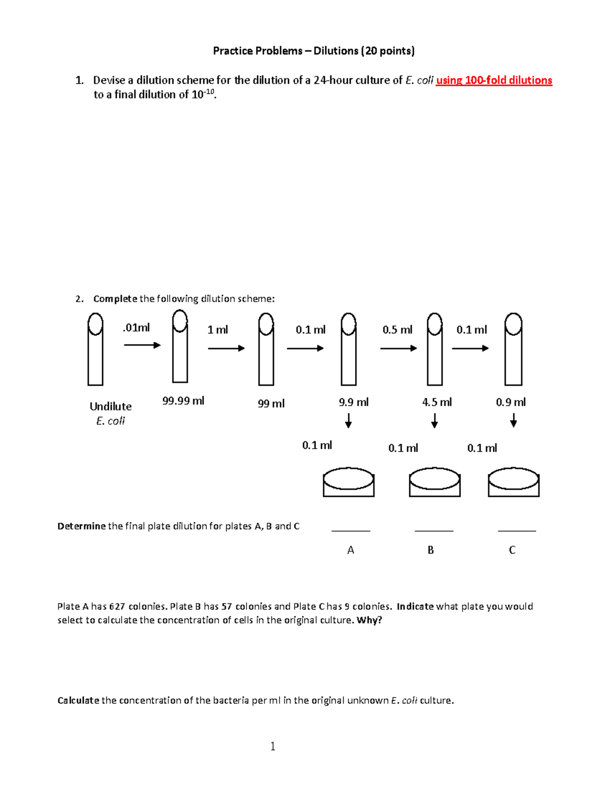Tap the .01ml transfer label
(x=136, y=328)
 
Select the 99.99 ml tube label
(x=183, y=401)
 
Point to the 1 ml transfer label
(x=218, y=330)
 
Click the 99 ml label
(x=271, y=403)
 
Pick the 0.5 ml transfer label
(x=397, y=330)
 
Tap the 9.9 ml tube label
(x=353, y=402)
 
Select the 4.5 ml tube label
(x=437, y=402)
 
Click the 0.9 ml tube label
(x=511, y=402)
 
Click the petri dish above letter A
(x=349, y=482)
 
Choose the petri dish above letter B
(x=435, y=482)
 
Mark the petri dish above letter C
(x=513, y=482)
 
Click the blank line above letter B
(x=434, y=530)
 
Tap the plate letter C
(x=512, y=550)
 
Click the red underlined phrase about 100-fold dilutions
(x=494, y=80)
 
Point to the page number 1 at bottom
(x=273, y=746)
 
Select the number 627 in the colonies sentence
(x=117, y=606)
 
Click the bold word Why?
(x=370, y=620)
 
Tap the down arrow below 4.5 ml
(x=435, y=421)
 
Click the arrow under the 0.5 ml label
(x=399, y=348)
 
